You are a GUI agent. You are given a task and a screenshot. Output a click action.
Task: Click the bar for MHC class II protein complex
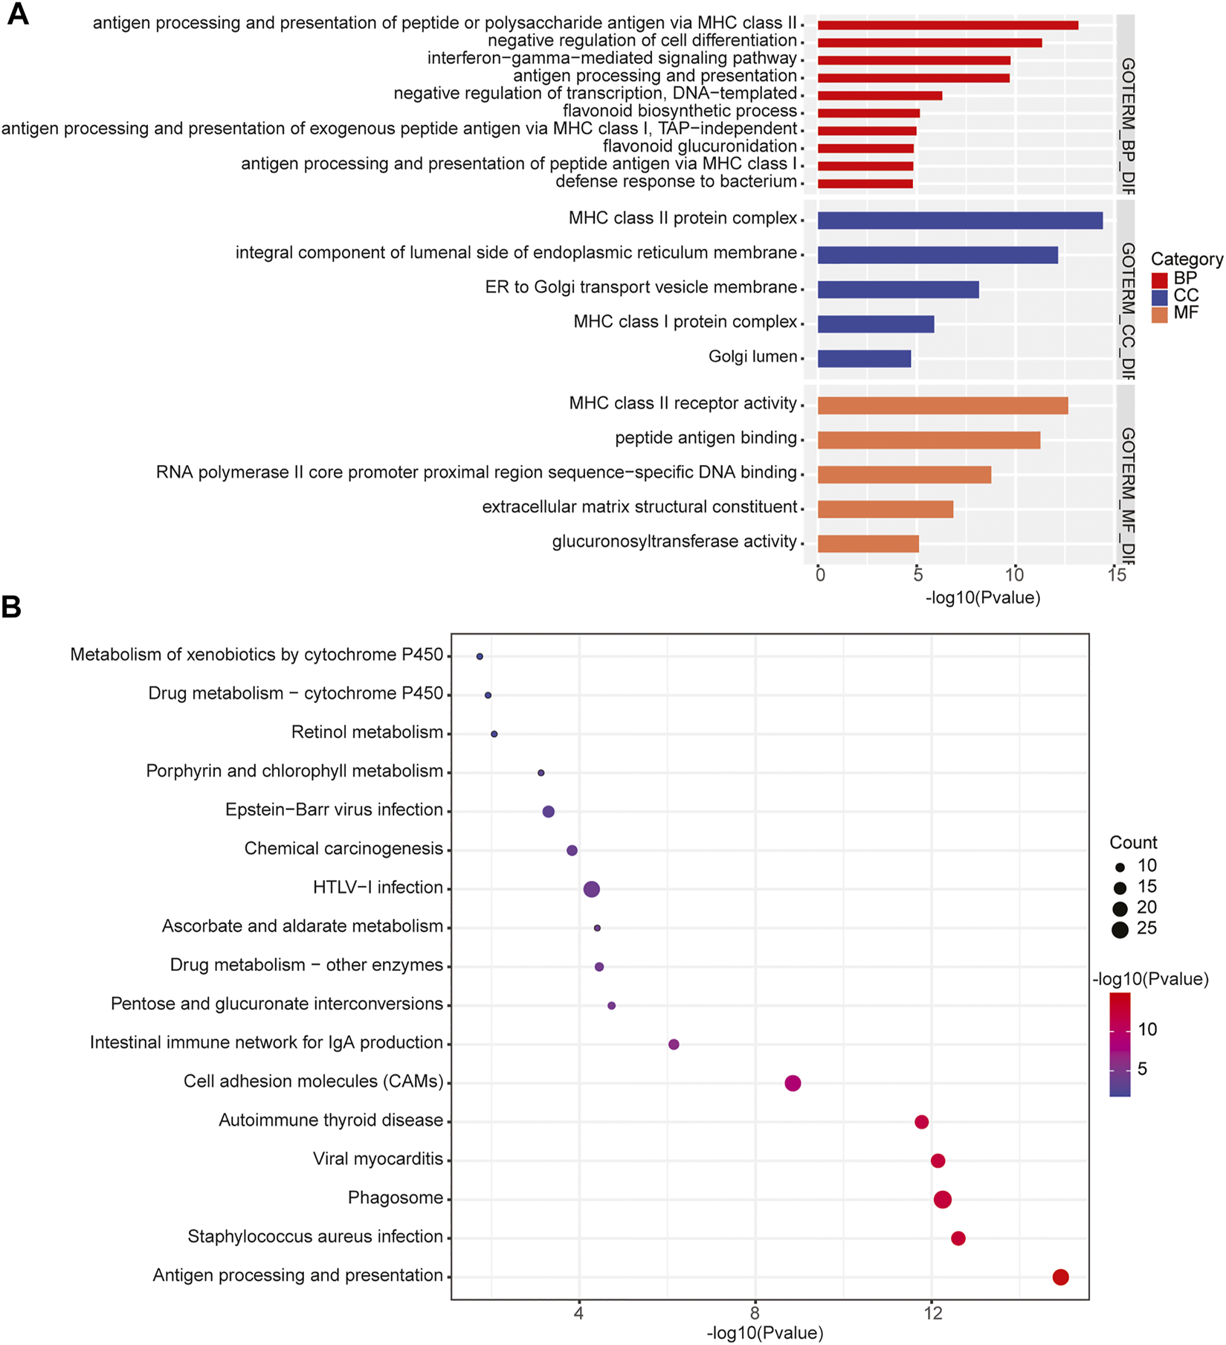pos(959,220)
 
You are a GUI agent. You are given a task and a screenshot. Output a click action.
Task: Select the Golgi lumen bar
pos(864,359)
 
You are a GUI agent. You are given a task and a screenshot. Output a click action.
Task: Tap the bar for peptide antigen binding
pos(928,440)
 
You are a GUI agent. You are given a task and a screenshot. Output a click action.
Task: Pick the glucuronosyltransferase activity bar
pos(868,544)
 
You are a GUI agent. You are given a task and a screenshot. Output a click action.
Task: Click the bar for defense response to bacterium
pos(865,184)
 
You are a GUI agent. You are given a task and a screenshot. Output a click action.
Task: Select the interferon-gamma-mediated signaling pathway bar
pos(913,60)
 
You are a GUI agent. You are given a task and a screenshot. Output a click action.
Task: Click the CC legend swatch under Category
pos(1159,297)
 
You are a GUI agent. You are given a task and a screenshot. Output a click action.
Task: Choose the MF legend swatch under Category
pos(1159,314)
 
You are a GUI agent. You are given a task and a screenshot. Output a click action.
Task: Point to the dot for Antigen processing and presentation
pos(1060,1277)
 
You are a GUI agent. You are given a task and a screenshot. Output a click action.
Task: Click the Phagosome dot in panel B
pos(942,1199)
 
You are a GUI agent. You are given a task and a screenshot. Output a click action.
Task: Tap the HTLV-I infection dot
pos(591,889)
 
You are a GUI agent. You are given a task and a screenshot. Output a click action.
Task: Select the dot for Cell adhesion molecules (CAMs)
pos(793,1083)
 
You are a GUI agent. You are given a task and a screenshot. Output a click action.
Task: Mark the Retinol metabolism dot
pos(494,734)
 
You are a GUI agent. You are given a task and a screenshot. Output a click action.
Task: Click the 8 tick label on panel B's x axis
pos(755,1314)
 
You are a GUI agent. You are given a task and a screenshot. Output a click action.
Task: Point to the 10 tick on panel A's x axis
pos(1014,575)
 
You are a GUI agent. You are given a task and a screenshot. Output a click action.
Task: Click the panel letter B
pos(11,607)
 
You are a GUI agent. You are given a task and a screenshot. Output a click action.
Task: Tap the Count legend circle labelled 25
pos(1120,929)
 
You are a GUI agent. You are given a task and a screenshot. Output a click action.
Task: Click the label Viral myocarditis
pos(378,1159)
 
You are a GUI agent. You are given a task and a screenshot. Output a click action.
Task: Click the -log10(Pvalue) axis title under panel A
pos(982,598)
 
